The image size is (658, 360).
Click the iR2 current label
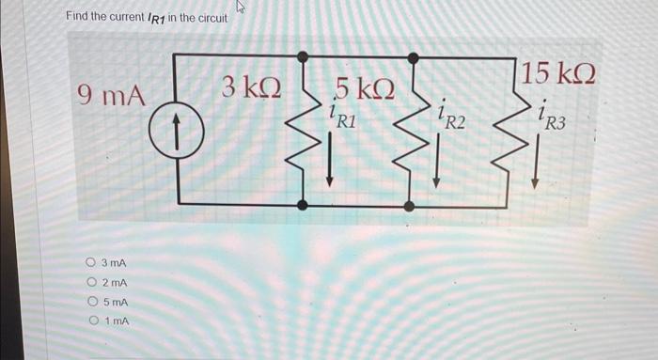[x=450, y=117]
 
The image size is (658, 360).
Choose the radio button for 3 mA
[x=90, y=263]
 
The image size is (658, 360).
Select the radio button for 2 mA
[x=90, y=283]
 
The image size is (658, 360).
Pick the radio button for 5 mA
[x=90, y=302]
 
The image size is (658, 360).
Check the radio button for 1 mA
[x=90, y=321]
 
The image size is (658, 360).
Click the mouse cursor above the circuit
[x=238, y=8]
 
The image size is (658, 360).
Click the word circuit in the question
[x=208, y=17]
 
